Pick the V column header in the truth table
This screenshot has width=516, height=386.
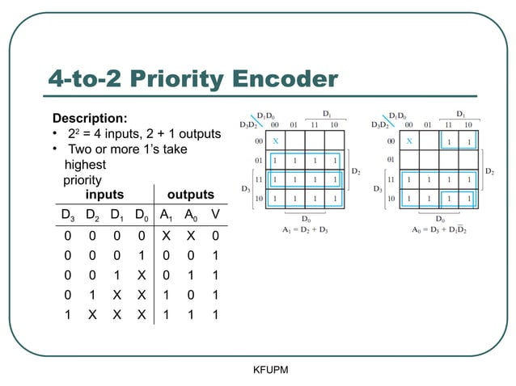tap(214, 215)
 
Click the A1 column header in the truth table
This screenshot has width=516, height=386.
tap(165, 215)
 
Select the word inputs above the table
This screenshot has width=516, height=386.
tap(105, 195)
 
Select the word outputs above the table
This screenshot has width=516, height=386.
tap(190, 195)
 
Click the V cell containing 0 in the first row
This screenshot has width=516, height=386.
tap(214, 236)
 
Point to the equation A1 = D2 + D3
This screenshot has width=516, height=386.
tap(306, 229)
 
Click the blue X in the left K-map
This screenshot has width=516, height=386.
tap(275, 141)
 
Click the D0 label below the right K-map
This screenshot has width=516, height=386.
tap(439, 217)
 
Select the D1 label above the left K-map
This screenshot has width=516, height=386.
tap(326, 115)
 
